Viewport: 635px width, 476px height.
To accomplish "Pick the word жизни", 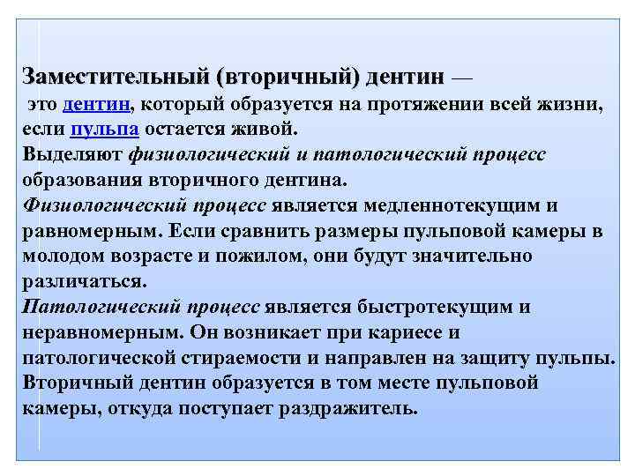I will coord(577,105).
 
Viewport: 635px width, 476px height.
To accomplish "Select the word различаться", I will coord(82,282).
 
